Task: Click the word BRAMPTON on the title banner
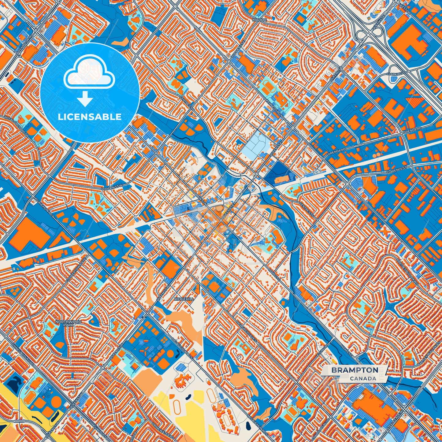tap(355, 370)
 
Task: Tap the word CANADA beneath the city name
tap(363, 378)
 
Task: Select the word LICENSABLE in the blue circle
tap(90, 117)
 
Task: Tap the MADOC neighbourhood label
tap(260, 20)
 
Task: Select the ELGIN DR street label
tap(325, 351)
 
